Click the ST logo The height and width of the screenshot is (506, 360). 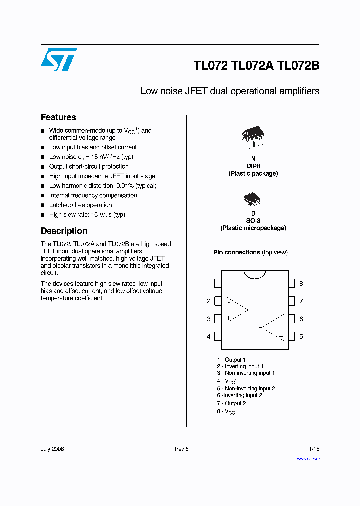point(59,59)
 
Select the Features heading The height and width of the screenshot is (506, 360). point(58,117)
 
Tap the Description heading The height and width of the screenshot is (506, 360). point(64,231)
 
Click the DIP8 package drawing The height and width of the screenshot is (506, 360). point(253,136)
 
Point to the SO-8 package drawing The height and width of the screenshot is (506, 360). point(252,200)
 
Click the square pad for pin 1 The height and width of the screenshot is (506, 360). point(217,284)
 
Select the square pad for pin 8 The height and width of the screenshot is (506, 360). point(292,284)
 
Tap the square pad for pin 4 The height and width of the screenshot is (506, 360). point(217,337)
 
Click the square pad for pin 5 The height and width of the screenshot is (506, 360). point(292,337)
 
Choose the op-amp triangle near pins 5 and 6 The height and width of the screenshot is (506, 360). point(273,328)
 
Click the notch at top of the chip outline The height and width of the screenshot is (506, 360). point(254,273)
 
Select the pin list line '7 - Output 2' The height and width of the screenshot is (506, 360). point(231,403)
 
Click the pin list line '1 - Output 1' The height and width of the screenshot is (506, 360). point(231,360)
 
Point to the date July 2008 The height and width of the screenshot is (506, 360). point(52,449)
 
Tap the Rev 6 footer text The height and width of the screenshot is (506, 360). point(182,449)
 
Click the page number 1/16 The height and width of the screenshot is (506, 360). point(313,449)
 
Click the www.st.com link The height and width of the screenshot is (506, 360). point(308,459)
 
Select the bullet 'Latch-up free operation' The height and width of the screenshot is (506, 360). point(80,205)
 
